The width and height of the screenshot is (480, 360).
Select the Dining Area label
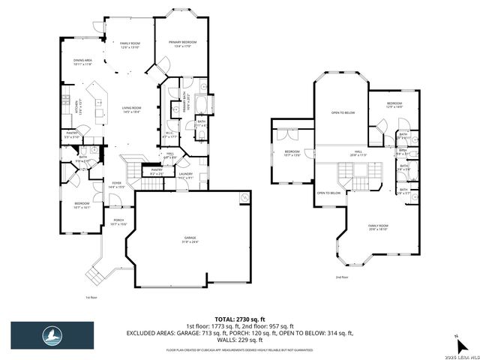82,61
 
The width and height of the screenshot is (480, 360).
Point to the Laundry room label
186,177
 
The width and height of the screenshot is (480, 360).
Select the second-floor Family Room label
378,226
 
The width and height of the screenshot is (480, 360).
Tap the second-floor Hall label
358,153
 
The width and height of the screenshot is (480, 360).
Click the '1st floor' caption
91,297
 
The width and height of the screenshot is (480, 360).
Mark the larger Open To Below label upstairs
343,112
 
